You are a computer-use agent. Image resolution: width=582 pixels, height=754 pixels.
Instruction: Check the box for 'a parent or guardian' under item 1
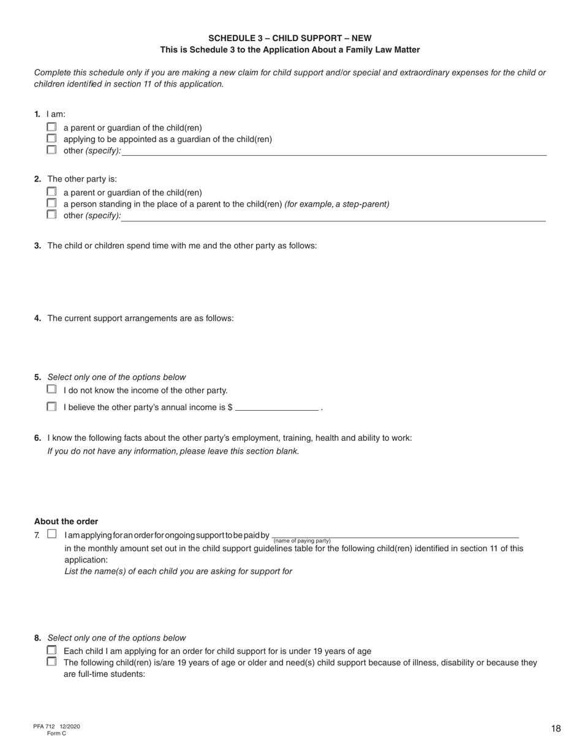[x=51, y=127]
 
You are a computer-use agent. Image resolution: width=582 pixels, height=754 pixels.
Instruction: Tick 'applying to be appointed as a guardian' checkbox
[x=51, y=139]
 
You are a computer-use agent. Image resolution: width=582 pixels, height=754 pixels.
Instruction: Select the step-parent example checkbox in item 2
[x=51, y=203]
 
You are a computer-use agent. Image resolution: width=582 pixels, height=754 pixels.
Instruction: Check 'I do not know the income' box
[x=51, y=389]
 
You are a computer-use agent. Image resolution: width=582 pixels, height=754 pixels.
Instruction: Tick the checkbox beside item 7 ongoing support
[x=51, y=535]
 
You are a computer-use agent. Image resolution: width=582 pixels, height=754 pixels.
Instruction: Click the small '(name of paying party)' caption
[x=302, y=541]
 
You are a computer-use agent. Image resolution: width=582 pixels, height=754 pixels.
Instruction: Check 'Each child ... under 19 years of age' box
[x=51, y=650]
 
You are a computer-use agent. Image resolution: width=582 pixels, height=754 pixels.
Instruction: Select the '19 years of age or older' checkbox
[x=51, y=661]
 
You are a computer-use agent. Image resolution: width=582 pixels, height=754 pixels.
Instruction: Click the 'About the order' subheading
[x=66, y=522]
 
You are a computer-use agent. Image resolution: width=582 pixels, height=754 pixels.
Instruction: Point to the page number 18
[x=556, y=729]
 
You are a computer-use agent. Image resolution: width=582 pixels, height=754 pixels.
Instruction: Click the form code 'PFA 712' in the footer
[x=45, y=726]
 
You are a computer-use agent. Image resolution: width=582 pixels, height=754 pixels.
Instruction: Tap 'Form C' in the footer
[x=56, y=733]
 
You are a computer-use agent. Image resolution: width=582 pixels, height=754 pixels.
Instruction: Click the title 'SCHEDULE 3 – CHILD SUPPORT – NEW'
[x=290, y=38]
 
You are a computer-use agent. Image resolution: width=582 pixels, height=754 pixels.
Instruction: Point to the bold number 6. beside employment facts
[x=37, y=438]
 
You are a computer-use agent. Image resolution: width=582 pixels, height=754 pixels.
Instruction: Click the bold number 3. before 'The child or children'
[x=37, y=246]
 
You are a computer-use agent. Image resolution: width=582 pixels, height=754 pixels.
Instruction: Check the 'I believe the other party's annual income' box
[x=51, y=406]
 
